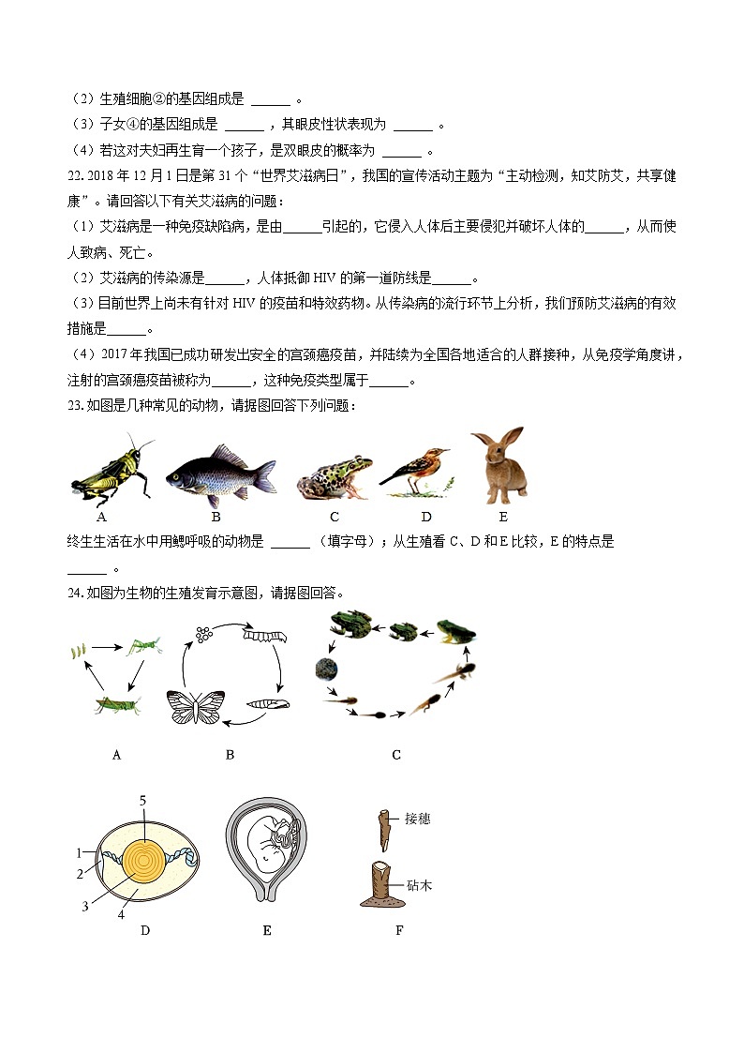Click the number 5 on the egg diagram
pyautogui.click(x=142, y=799)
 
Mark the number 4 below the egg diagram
pyautogui.click(x=121, y=915)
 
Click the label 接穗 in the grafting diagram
pyautogui.click(x=418, y=819)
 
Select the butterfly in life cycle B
pyautogui.click(x=196, y=706)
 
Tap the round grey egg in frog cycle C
pyautogui.click(x=326, y=668)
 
